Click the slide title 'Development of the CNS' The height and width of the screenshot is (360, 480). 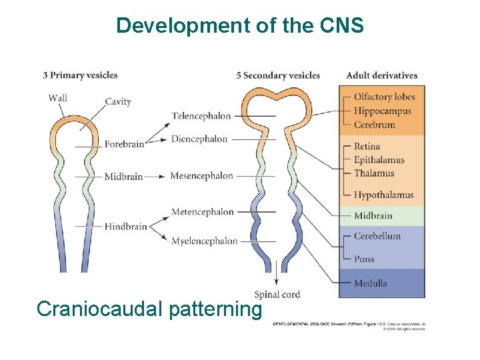point(240,25)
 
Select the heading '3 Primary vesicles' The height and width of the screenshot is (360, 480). point(80,75)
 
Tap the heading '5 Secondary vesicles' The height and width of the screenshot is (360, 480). point(278,75)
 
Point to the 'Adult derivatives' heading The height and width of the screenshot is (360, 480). point(381,75)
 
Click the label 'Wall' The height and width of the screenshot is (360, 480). point(58,98)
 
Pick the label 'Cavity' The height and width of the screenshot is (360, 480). point(118,102)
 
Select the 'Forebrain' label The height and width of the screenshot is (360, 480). point(124,144)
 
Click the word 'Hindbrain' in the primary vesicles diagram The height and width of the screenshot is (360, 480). point(125,227)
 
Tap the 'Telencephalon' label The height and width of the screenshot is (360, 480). point(201,116)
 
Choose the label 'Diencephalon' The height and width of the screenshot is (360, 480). point(199,139)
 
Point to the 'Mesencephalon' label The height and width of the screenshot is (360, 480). point(201,176)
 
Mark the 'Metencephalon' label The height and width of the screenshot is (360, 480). point(203,212)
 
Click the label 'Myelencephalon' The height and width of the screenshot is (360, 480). point(204,241)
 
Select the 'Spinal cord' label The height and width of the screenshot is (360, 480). point(277,294)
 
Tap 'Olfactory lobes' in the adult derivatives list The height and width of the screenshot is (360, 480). point(384,97)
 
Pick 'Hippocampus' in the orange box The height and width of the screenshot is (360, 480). point(383,111)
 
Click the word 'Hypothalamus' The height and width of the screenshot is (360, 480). point(383,195)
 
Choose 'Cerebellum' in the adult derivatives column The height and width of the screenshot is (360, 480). point(377,236)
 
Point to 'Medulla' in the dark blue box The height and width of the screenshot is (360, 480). point(371,283)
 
